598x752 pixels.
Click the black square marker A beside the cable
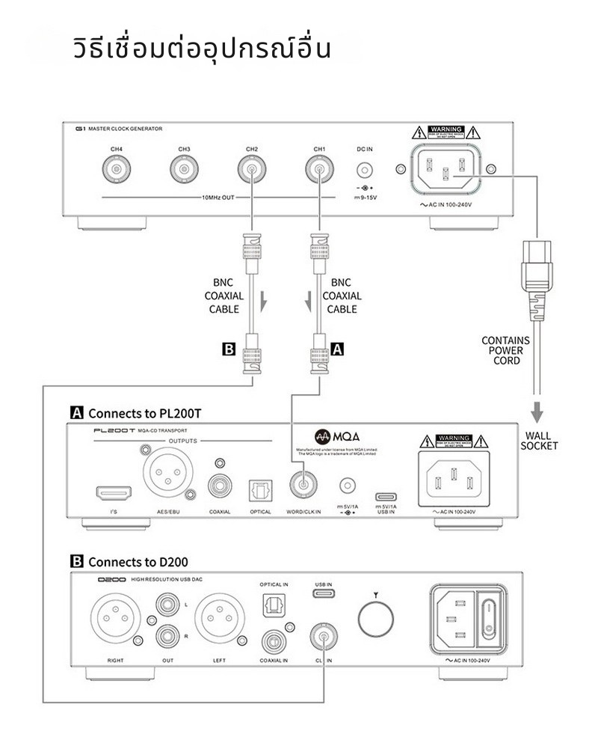tap(337, 348)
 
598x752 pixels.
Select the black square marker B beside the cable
tap(230, 348)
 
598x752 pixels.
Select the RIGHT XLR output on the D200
tap(115, 621)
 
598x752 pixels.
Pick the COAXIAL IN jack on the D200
tap(273, 640)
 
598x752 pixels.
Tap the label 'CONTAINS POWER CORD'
tap(505, 350)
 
